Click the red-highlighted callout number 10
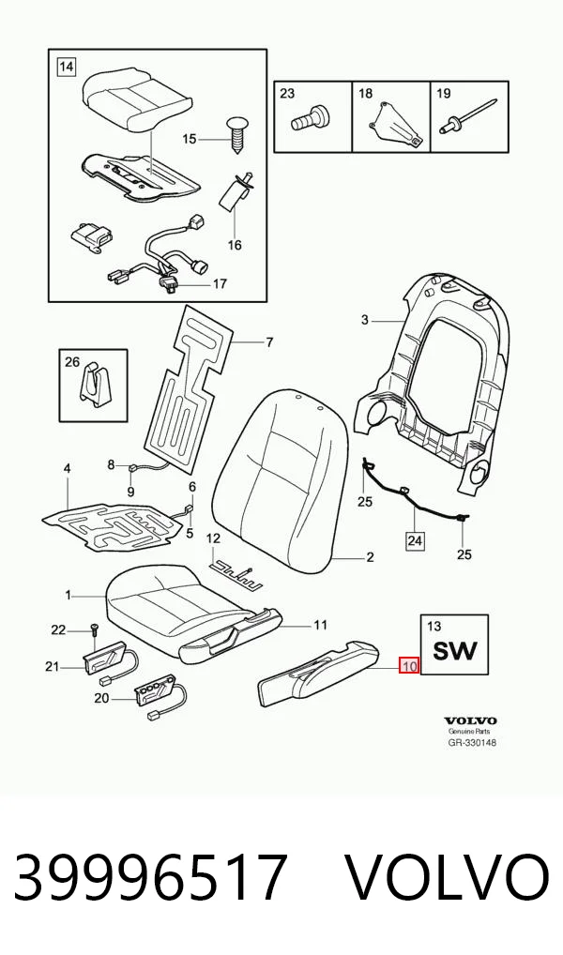(409, 666)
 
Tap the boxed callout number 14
(66, 66)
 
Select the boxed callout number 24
(415, 539)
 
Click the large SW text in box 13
(455, 651)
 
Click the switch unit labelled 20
(158, 697)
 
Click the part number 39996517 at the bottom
(149, 877)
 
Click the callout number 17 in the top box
(219, 283)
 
